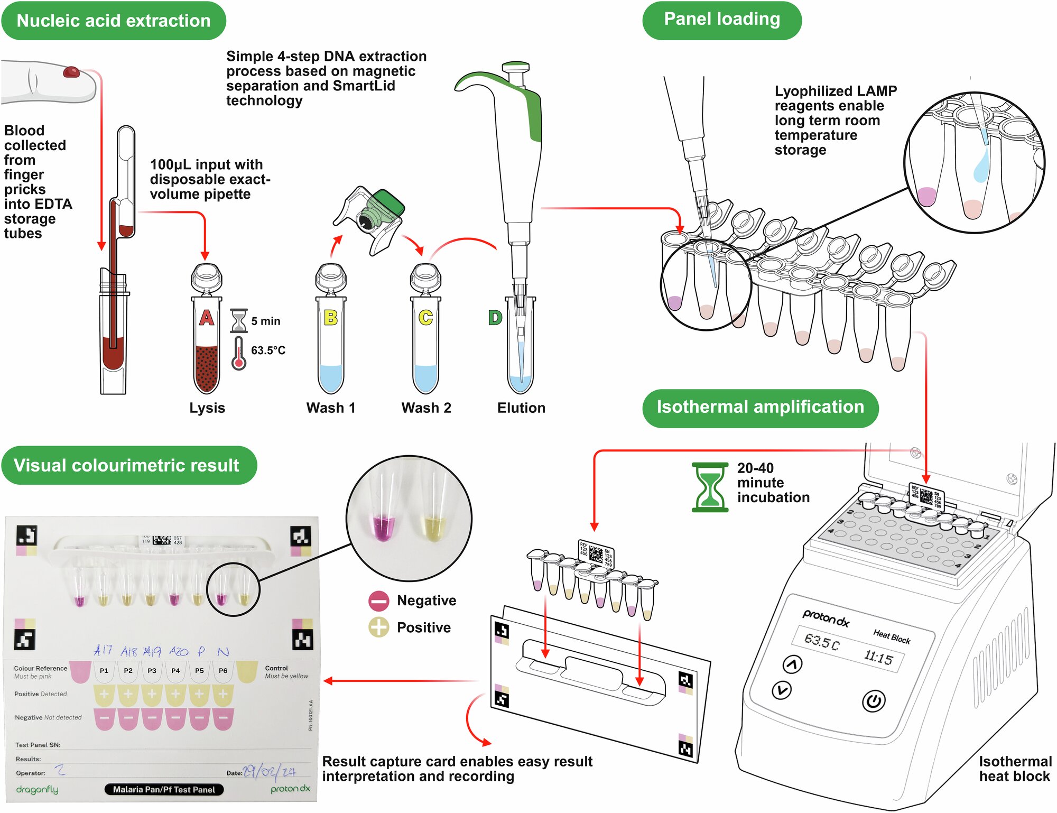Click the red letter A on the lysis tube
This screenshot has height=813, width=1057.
[206, 318]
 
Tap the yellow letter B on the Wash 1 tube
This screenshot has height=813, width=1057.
[331, 318]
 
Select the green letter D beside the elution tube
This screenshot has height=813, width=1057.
[495, 318]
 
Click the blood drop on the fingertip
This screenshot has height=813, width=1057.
[71, 71]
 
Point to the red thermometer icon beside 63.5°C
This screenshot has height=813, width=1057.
[239, 353]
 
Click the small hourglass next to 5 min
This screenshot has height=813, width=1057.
[239, 320]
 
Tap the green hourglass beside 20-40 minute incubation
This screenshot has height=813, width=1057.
[710, 487]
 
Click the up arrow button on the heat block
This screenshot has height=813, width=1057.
[792, 664]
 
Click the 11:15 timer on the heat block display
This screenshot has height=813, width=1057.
[878, 658]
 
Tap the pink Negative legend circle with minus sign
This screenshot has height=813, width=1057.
[379, 600]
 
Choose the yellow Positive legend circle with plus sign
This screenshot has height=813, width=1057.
[379, 627]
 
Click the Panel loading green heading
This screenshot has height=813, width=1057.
[721, 20]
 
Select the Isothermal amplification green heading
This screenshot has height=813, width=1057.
[760, 408]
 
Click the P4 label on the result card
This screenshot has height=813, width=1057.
[175, 670]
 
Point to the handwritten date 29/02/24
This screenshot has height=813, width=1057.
[270, 772]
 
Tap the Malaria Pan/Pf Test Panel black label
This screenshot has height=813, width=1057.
[164, 789]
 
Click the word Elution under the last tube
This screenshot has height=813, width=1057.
[521, 408]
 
